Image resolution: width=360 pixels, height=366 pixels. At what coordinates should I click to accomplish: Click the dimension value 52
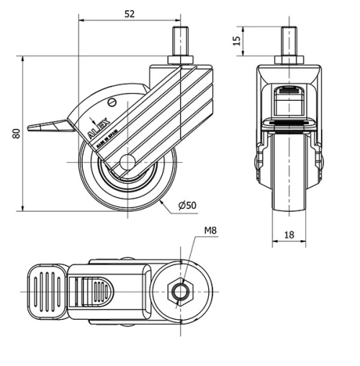pos(130,12)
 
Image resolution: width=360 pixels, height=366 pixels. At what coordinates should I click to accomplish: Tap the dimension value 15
pos(237,40)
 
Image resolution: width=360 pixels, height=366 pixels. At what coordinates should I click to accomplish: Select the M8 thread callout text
pos(210,231)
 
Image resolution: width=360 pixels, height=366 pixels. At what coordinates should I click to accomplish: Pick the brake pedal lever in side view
pos(50,128)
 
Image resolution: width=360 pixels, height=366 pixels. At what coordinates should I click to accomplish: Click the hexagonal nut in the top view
pos(179,292)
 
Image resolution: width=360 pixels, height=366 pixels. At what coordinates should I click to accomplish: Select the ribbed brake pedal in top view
pos(45,291)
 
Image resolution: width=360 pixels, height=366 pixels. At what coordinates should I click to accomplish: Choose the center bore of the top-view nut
pos(180,292)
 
